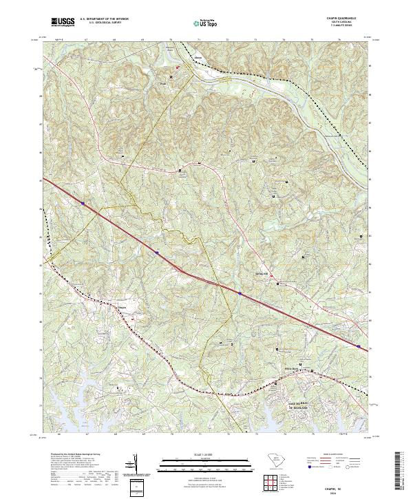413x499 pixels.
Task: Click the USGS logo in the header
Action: click(x=63, y=22)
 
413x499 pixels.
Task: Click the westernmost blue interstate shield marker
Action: click(x=83, y=203)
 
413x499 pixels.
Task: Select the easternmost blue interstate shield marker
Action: click(x=359, y=346)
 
